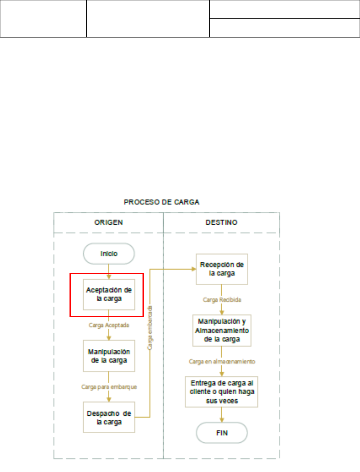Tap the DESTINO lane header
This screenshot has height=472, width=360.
221,222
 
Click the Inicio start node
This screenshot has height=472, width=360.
109,254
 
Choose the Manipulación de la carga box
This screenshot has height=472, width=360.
109,356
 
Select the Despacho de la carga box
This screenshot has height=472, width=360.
109,417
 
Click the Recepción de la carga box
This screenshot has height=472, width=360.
222,269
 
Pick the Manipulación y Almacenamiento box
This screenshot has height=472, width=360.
222,330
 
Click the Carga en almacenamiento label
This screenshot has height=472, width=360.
221,361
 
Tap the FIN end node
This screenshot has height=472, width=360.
222,433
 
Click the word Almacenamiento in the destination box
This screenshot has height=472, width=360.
222,331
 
